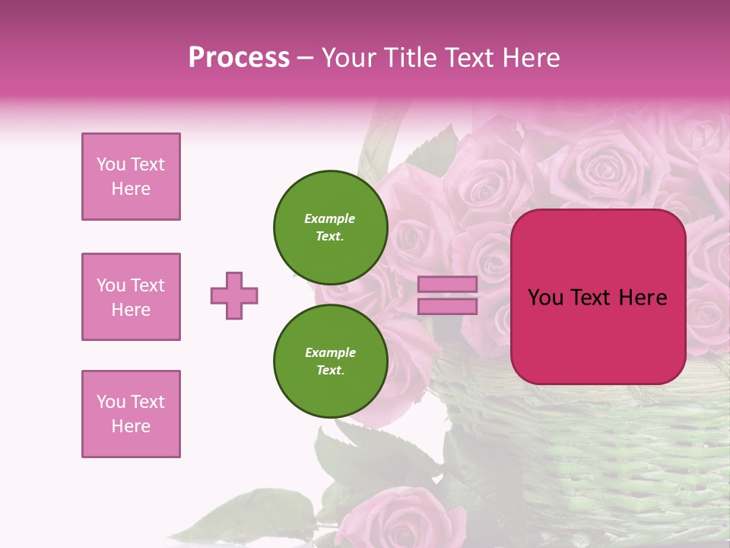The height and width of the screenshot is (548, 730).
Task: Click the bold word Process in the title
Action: click(239, 57)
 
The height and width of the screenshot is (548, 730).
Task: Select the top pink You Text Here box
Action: click(131, 177)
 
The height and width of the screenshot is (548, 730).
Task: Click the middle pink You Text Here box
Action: click(131, 297)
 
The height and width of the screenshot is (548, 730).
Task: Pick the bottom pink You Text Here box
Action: click(131, 414)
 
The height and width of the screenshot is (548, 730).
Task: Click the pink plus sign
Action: click(234, 295)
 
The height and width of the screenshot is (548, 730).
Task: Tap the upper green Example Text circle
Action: click(331, 227)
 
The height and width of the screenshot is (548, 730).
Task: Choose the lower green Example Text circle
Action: click(331, 361)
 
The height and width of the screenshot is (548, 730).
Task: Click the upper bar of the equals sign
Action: click(448, 284)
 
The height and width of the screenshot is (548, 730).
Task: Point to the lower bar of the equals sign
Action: click(448, 306)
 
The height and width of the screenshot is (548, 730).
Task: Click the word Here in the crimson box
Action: click(643, 298)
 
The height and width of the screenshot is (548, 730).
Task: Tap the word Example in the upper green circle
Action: click(329, 218)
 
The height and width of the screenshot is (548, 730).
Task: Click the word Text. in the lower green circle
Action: click(330, 371)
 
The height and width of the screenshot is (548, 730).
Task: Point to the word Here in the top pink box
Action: click(131, 189)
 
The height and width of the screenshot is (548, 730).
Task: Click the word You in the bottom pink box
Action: click(111, 402)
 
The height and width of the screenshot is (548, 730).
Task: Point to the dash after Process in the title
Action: click(306, 58)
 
